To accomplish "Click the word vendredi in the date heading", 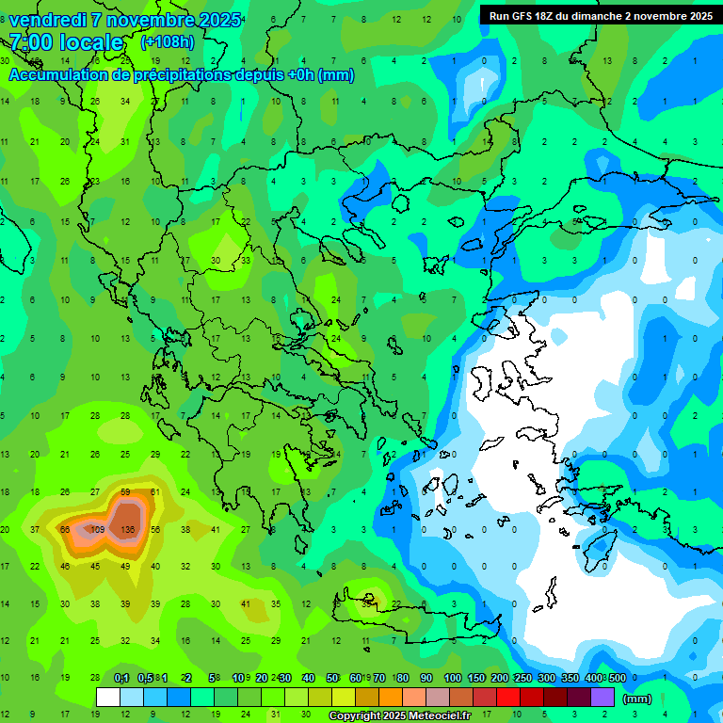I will (x=47, y=20).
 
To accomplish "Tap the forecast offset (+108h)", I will (x=168, y=42).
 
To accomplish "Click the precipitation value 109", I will (x=96, y=530).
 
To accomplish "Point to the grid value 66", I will (x=65, y=530).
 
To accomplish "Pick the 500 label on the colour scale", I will (x=617, y=678).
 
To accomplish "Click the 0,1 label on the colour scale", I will (x=121, y=678).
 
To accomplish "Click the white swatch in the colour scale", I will (x=108, y=698).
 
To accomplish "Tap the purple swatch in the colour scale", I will (x=602, y=698).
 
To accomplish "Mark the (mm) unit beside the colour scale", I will (x=637, y=699).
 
